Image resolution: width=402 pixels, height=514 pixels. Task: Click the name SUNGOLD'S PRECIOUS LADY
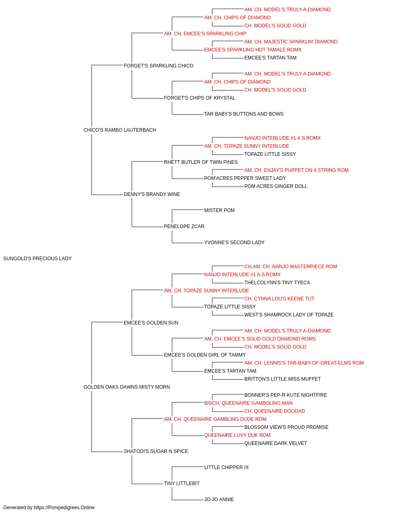tap(37, 259)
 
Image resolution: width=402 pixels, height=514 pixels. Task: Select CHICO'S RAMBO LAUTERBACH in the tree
tap(120, 130)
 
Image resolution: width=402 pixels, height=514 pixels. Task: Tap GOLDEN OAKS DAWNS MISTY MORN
tap(127, 387)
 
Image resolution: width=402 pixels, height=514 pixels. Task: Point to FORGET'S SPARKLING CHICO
tap(159, 66)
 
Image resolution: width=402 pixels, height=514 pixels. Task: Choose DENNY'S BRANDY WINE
tap(152, 194)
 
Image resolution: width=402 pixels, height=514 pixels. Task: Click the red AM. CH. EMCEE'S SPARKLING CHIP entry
tap(205, 34)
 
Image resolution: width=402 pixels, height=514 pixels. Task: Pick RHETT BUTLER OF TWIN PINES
tap(201, 162)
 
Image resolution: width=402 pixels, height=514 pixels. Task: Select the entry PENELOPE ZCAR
tap(184, 226)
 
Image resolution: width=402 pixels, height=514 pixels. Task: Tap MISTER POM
tap(219, 210)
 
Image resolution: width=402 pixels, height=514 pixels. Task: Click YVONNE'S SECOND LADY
tap(234, 243)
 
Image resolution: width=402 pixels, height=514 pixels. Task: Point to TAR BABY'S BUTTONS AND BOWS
tap(244, 114)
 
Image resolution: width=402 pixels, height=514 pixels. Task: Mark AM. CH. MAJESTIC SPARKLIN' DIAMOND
tap(291, 42)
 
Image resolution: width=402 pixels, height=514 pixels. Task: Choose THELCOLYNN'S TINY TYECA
tap(277, 283)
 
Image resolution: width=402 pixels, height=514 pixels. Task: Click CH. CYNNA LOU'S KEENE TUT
tap(279, 299)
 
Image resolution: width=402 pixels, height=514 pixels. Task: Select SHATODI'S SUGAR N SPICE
tap(156, 451)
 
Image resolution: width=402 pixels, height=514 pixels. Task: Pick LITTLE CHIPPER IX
tap(226, 467)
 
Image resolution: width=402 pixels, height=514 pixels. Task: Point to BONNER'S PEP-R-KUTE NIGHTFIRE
tap(286, 395)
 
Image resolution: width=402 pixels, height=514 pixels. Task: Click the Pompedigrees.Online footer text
tap(49, 508)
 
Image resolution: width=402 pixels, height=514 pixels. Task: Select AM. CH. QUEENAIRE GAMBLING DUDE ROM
tap(215, 419)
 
